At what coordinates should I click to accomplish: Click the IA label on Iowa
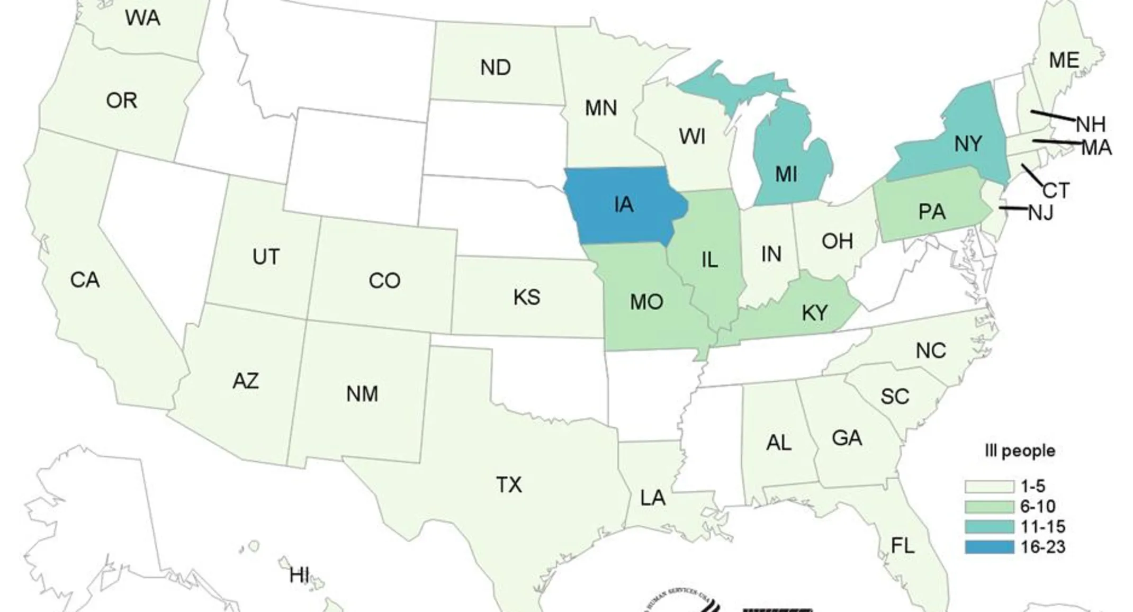click(x=624, y=204)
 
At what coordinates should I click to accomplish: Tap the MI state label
click(x=786, y=174)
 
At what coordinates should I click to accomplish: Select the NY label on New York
click(x=968, y=143)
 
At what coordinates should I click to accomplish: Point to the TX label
click(x=508, y=484)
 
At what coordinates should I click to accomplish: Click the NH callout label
click(x=1091, y=124)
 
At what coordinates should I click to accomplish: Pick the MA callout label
click(x=1096, y=148)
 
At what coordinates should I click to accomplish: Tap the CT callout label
click(x=1056, y=190)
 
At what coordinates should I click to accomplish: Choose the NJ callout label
click(x=1040, y=213)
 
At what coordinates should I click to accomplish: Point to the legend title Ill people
click(x=1020, y=451)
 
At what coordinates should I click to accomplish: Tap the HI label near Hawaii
click(x=299, y=574)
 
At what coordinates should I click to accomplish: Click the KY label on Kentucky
click(x=815, y=312)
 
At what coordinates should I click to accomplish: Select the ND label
click(x=496, y=68)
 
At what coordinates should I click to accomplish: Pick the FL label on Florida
click(x=902, y=545)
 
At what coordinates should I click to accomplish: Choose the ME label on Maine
click(x=1064, y=60)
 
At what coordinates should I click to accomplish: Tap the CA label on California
click(x=85, y=280)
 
